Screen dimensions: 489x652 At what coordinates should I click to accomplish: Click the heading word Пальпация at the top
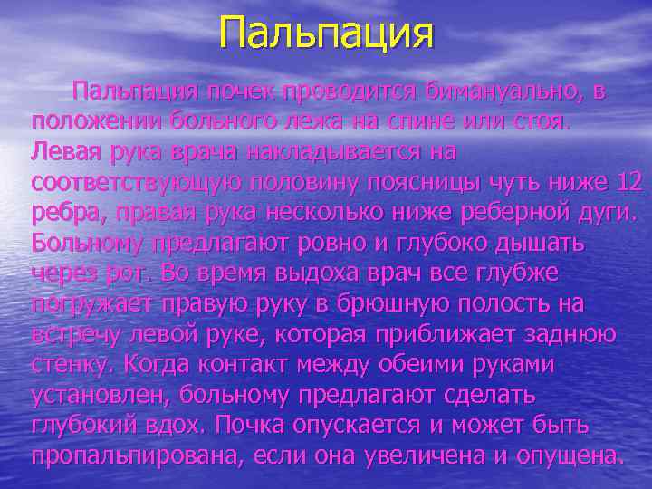point(326,34)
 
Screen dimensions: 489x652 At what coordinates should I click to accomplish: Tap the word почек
point(239,91)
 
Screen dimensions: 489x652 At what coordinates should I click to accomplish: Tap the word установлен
point(101,396)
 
